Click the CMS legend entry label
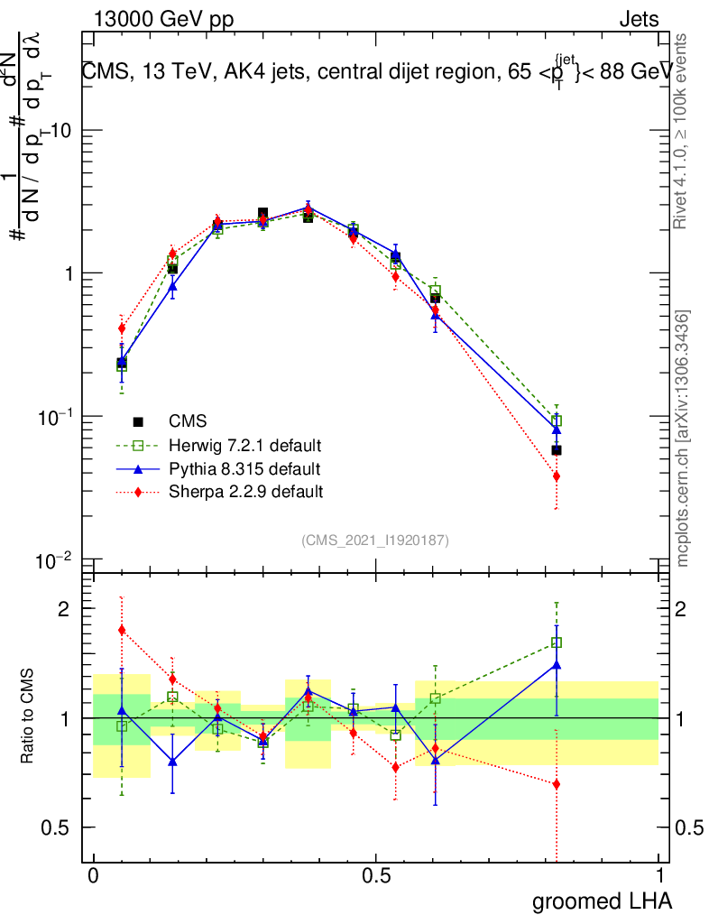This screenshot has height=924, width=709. pyautogui.click(x=188, y=421)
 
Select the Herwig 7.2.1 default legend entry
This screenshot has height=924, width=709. pyautogui.click(x=245, y=446)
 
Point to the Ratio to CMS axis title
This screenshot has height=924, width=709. pyautogui.click(x=27, y=716)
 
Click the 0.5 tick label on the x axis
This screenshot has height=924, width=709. pyautogui.click(x=376, y=876)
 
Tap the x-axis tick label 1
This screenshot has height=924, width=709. pyautogui.click(x=659, y=876)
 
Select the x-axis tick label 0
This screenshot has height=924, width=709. pyautogui.click(x=93, y=876)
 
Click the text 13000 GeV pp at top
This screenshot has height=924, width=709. pyautogui.click(x=162, y=20)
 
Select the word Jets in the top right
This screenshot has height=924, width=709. pyautogui.click(x=638, y=20)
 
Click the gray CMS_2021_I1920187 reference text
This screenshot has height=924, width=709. pyautogui.click(x=375, y=540)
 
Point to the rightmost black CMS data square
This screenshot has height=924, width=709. pyautogui.click(x=557, y=450)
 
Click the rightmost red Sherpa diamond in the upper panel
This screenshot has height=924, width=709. pyautogui.click(x=557, y=476)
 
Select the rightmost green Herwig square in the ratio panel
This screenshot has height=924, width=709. pyautogui.click(x=557, y=642)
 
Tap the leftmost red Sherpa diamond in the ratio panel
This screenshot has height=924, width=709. pyautogui.click(x=122, y=630)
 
